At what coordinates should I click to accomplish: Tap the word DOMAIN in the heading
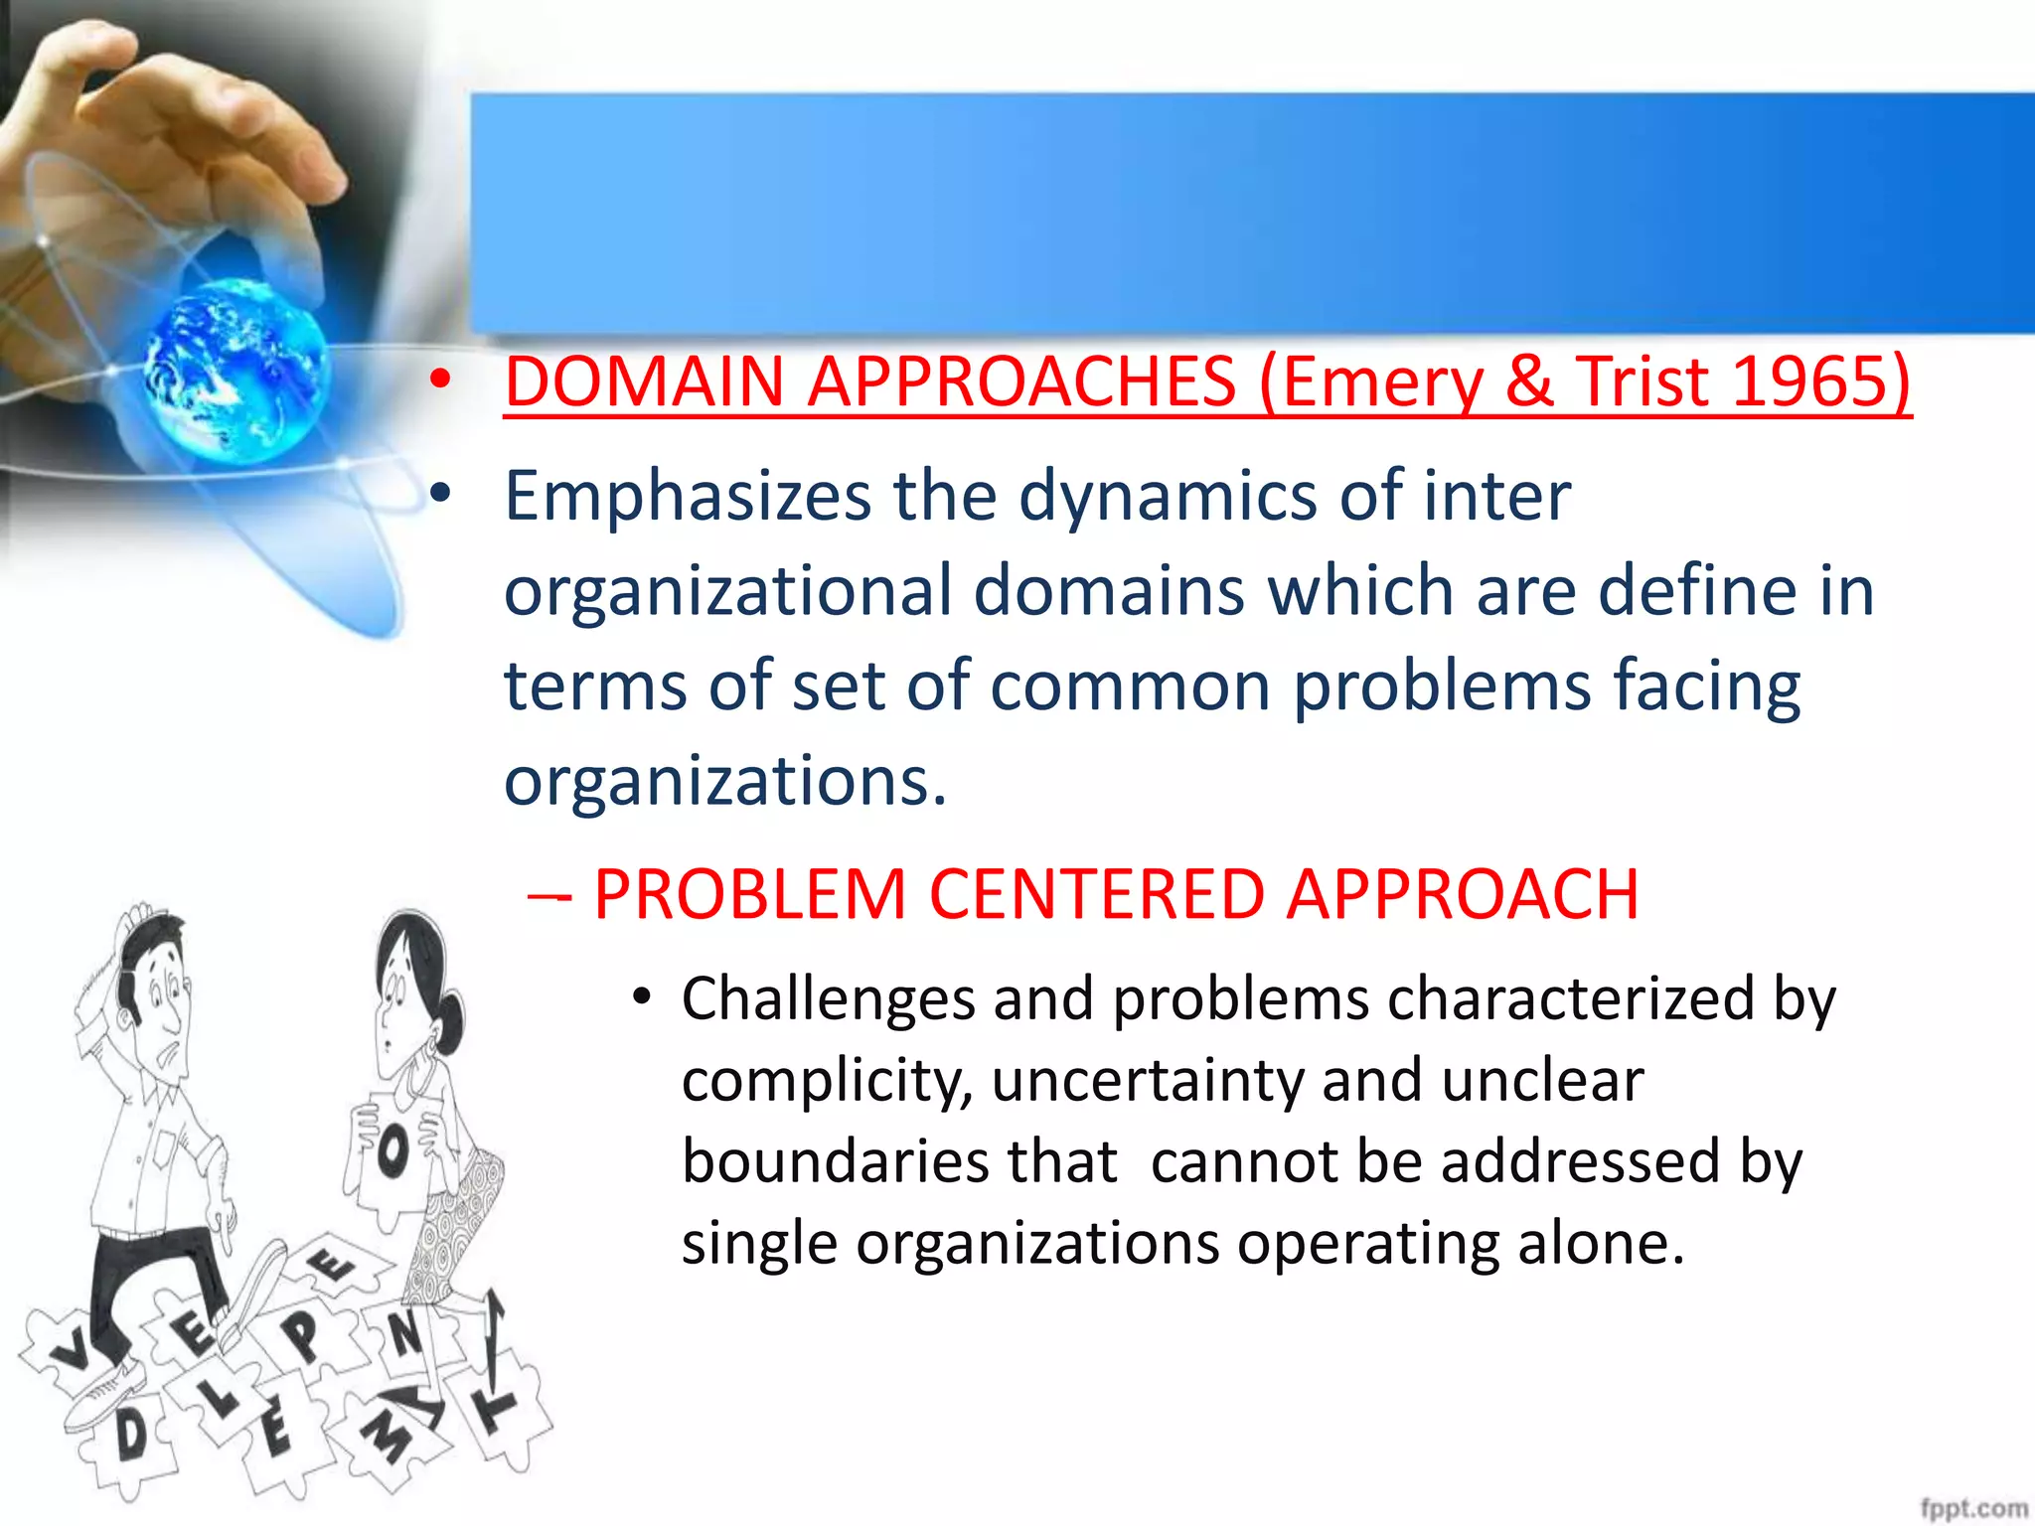click(645, 381)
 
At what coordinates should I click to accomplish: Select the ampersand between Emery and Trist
click(1529, 381)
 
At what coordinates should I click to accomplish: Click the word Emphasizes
click(687, 497)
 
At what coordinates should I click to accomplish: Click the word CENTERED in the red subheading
click(1096, 894)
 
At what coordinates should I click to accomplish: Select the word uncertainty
click(1147, 1081)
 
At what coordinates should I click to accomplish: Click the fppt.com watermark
click(1972, 1508)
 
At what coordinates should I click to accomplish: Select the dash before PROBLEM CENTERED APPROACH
click(549, 897)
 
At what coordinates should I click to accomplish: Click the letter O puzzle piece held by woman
click(393, 1152)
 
